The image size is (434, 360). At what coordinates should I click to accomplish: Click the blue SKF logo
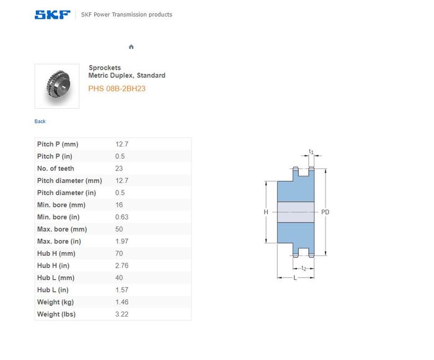point(52,15)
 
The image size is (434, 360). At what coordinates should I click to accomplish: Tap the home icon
point(131,47)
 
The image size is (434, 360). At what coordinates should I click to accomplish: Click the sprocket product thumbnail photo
point(57,86)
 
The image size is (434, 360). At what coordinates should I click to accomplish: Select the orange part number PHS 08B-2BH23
point(117,89)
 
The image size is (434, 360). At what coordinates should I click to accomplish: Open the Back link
point(40,122)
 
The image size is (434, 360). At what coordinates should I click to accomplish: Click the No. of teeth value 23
point(119,168)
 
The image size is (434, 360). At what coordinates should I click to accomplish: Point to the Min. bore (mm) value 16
point(119,205)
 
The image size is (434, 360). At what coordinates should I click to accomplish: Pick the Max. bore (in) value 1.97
point(122,241)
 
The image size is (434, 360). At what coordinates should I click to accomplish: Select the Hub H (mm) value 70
point(119,254)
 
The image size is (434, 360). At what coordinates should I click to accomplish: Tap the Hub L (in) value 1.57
point(122,290)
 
